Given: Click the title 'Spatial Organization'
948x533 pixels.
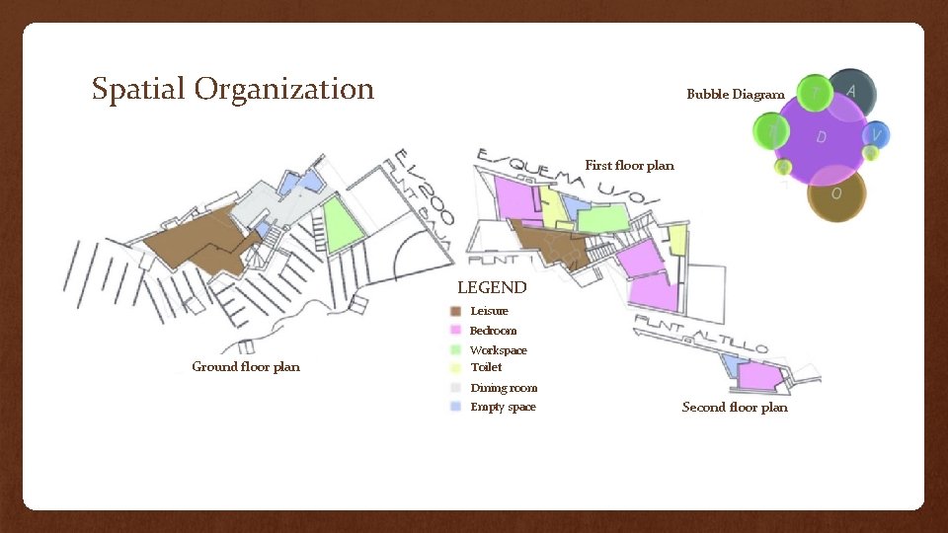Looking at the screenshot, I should pos(233,90).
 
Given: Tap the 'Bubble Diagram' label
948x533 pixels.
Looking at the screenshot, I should pos(736,95).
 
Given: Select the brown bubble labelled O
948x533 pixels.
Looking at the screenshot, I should pos(836,194).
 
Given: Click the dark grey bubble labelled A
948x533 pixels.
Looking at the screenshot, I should pos(851,89).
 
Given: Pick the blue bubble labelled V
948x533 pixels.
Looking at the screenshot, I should pos(877,134).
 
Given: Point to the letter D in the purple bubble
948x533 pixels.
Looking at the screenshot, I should pos(822,137).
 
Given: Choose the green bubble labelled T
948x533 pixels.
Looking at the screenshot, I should pos(815,92).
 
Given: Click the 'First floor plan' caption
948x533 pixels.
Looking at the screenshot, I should pos(629,166).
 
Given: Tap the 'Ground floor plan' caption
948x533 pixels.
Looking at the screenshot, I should pos(246,367).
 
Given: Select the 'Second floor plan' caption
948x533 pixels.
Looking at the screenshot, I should pos(735,408).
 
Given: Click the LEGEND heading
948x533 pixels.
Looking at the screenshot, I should pos(492,288).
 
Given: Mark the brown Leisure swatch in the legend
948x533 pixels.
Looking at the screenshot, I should pos(455,311).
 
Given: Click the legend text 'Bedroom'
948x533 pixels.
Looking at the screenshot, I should pos(493,331).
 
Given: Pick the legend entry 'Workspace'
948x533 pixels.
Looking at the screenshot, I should pos(498,350).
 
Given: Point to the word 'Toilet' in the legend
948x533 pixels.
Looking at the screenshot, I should pos(486,367).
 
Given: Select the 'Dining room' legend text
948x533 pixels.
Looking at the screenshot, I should pos(504,388).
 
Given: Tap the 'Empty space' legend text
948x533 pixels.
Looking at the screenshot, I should pos(503,407).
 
